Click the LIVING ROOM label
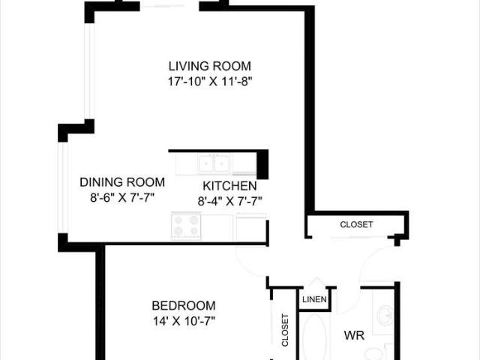coord(209,66)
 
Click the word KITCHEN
coord(229,186)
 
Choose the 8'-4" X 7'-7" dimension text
coord(229,200)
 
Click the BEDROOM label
coord(184,305)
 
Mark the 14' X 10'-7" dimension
coord(184,321)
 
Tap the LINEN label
coord(313,300)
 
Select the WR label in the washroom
coord(354,336)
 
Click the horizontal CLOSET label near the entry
coord(356,224)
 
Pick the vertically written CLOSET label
coord(285,330)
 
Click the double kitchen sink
coord(214,163)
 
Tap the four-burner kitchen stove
coord(187,225)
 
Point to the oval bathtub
coord(313,337)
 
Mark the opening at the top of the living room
coord(169,6)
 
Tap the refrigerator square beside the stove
coord(251,226)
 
